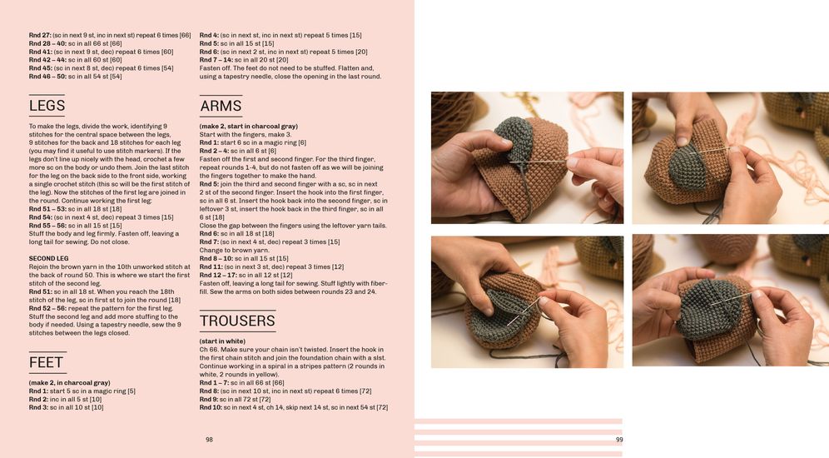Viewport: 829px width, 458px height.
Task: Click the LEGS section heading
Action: (x=47, y=106)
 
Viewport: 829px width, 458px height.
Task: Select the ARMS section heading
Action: (x=221, y=107)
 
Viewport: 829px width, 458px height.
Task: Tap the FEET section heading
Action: (x=46, y=362)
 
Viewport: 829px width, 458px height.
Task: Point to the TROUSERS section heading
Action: (x=237, y=321)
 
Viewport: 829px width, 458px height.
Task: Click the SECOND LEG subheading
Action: (x=48, y=259)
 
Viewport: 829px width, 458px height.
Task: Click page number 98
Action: (x=210, y=440)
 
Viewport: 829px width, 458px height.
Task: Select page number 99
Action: (x=619, y=440)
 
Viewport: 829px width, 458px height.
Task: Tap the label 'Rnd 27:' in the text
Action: (x=40, y=36)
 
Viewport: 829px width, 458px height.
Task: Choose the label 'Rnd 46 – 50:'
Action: (x=47, y=77)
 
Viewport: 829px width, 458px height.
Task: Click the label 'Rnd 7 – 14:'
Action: (x=216, y=60)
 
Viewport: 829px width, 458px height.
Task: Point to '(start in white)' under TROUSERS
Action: (x=222, y=341)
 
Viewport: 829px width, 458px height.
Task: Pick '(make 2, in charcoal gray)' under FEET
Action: (x=70, y=383)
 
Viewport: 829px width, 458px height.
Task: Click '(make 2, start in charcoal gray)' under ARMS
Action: (x=249, y=127)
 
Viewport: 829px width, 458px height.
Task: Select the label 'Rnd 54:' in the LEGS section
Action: (x=40, y=217)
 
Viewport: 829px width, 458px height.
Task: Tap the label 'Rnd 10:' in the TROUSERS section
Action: (x=211, y=408)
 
